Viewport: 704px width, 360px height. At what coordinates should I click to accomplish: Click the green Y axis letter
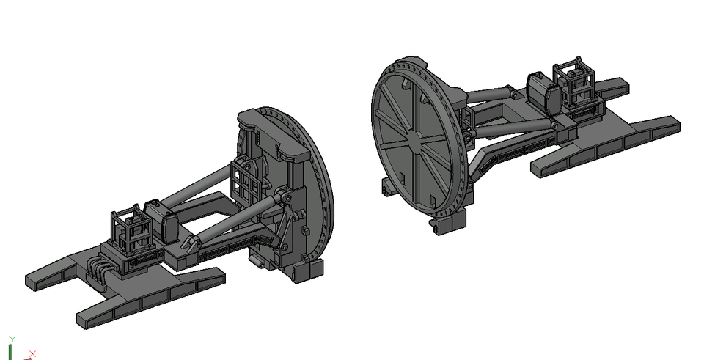(12, 339)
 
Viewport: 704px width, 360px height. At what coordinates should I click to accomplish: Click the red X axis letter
(32, 354)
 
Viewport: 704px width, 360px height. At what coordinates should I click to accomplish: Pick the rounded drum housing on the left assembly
(161, 221)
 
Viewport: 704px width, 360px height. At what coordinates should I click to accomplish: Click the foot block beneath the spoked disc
(448, 221)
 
